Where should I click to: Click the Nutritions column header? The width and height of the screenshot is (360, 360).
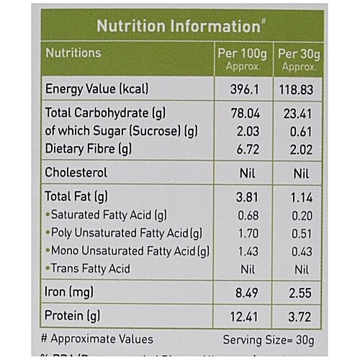73,53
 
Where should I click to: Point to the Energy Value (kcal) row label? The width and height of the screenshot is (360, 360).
96,89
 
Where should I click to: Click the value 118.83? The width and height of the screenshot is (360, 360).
298,89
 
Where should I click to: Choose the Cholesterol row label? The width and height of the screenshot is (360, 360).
76,173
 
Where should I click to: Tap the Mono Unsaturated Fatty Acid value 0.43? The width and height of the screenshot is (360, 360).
298,251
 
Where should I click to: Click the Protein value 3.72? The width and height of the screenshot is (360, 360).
298,315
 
